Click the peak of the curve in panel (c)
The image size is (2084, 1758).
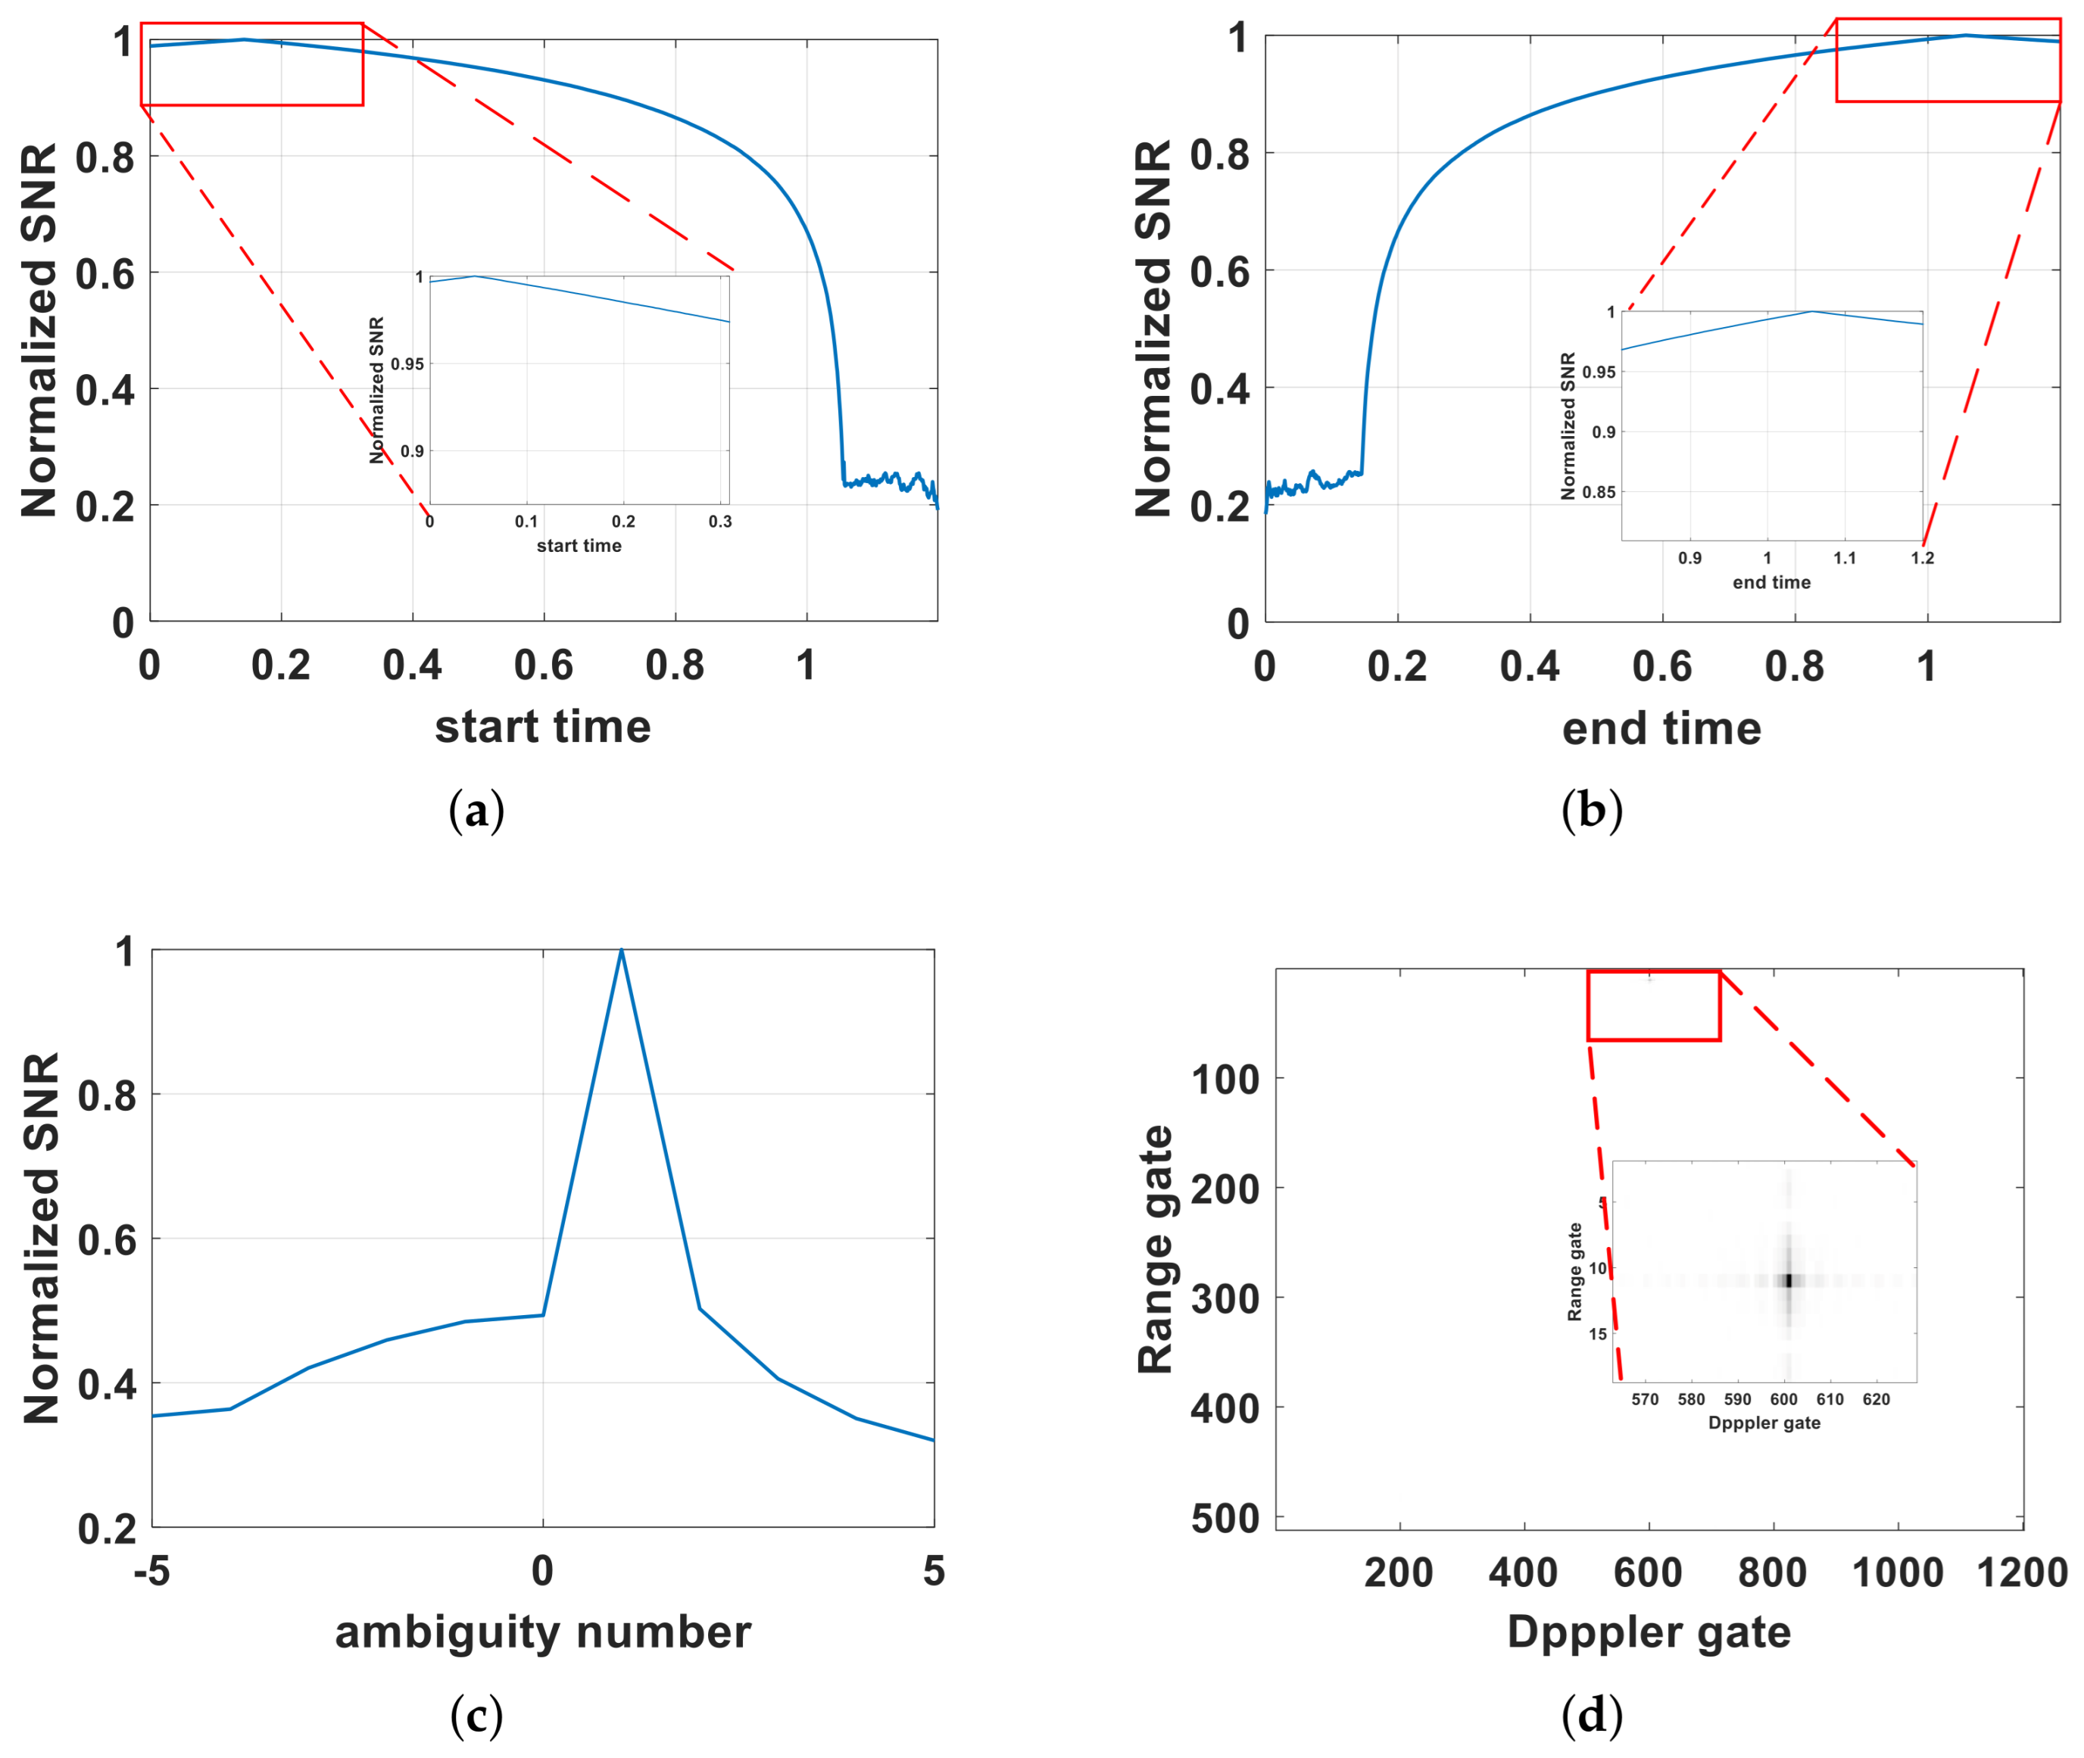[621, 951]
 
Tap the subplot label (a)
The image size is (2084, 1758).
[476, 810]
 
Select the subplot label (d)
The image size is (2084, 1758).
[1592, 1715]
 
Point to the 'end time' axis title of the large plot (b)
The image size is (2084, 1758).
[1661, 728]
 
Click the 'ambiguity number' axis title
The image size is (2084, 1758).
[542, 1632]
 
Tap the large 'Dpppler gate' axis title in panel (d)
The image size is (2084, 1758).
[1649, 1632]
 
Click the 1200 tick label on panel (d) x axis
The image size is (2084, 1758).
[2021, 1573]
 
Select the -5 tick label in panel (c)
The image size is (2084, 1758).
[152, 1572]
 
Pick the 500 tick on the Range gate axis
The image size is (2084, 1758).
[1225, 1519]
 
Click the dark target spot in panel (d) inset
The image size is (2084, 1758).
[1788, 1280]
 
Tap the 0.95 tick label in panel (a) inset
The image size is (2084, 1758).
[407, 363]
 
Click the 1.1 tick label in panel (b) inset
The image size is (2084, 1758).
[1845, 558]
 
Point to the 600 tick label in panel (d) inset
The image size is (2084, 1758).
[1783, 1399]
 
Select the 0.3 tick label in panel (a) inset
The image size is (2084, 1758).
[719, 521]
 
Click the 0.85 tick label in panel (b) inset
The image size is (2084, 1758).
[1599, 491]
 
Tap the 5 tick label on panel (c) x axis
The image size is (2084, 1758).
[933, 1572]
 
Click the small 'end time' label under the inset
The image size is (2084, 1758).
[1771, 582]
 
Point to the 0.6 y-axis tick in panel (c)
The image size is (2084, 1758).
[107, 1240]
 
